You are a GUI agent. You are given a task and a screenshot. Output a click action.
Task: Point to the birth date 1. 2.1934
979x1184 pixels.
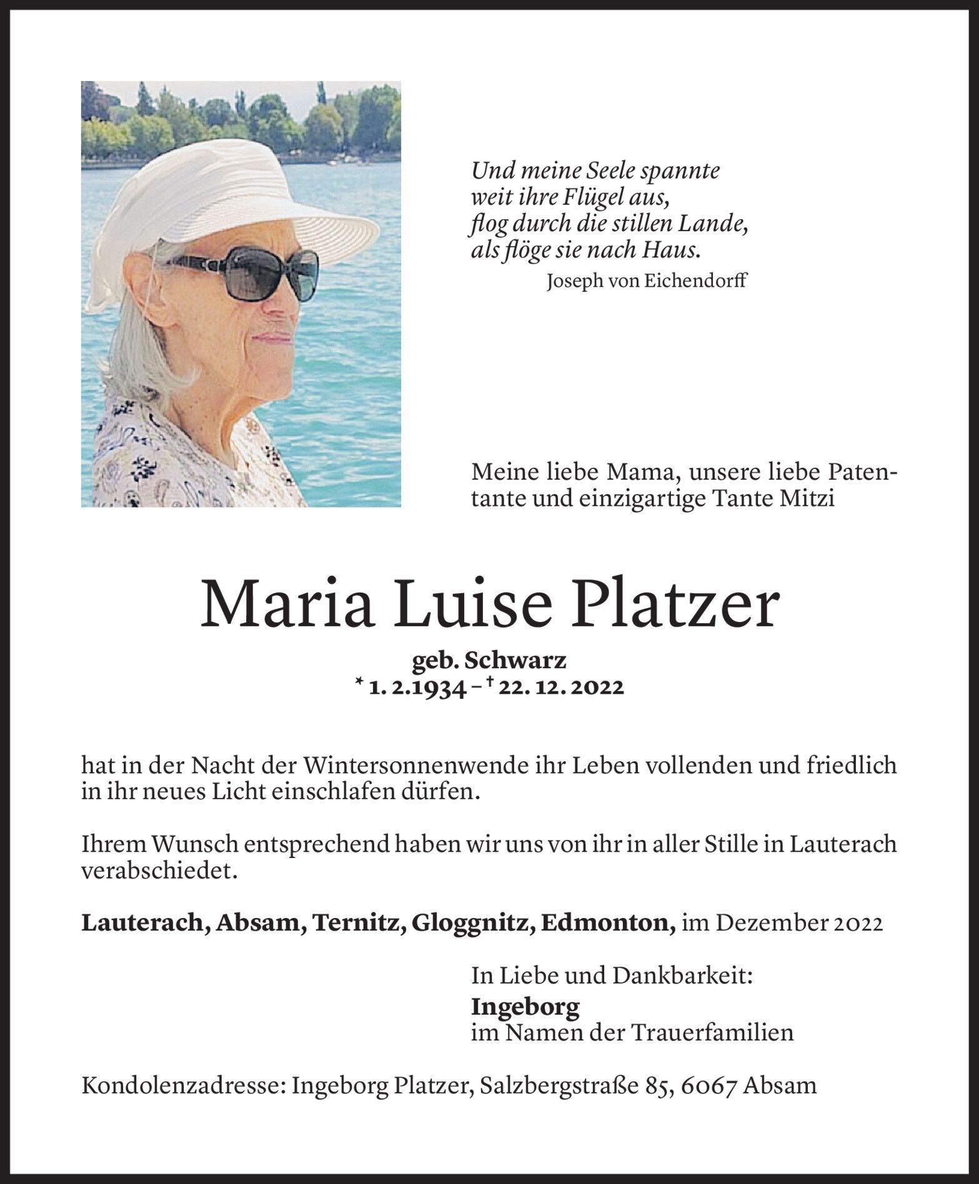[417, 688]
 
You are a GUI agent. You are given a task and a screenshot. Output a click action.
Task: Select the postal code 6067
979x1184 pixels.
[709, 1085]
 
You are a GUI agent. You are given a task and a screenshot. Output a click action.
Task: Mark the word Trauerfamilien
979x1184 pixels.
[713, 1032]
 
